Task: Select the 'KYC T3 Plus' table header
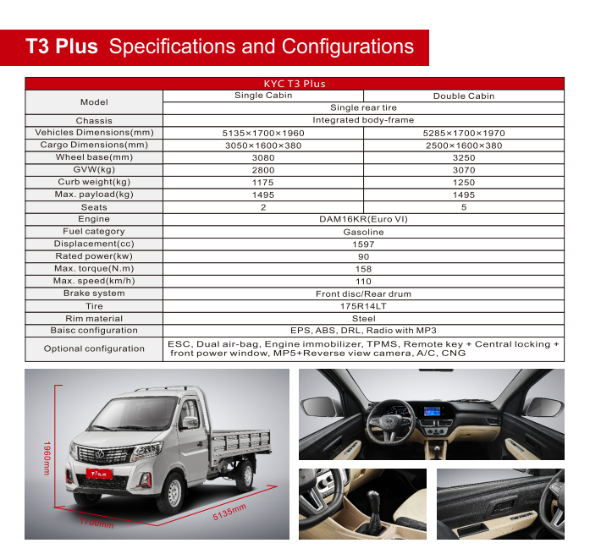(295, 84)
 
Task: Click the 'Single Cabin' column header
(263, 96)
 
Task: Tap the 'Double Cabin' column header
(464, 96)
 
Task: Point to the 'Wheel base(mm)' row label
(94, 157)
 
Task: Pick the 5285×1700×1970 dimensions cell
(464, 133)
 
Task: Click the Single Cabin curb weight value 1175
(263, 182)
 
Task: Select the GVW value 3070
(464, 170)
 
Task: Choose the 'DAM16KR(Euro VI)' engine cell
(363, 219)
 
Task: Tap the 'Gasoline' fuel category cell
(363, 232)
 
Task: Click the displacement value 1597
(363, 244)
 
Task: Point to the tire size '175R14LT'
(363, 306)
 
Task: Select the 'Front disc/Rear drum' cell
(363, 293)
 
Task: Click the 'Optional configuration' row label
(94, 348)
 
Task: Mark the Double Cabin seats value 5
(464, 207)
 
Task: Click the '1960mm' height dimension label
(48, 458)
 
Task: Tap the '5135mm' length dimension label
(229, 513)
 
